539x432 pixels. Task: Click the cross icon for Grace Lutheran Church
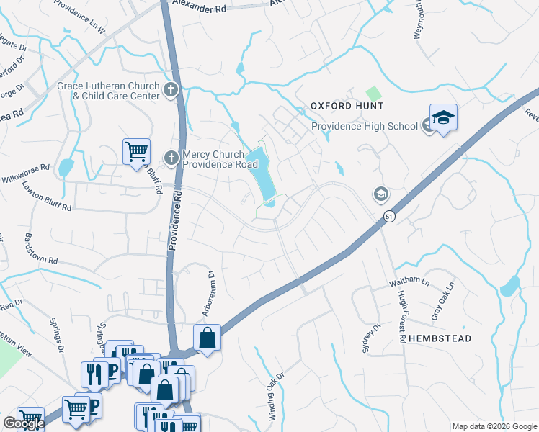(171, 90)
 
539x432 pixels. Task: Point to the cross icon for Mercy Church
(171, 158)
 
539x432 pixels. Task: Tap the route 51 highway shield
(389, 216)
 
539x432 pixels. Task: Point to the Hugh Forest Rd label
(400, 311)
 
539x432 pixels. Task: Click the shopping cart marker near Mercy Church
(136, 153)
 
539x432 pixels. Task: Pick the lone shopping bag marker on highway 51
(208, 338)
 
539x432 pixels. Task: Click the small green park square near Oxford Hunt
(373, 93)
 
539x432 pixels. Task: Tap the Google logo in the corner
(23, 423)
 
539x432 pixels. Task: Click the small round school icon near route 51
(380, 193)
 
